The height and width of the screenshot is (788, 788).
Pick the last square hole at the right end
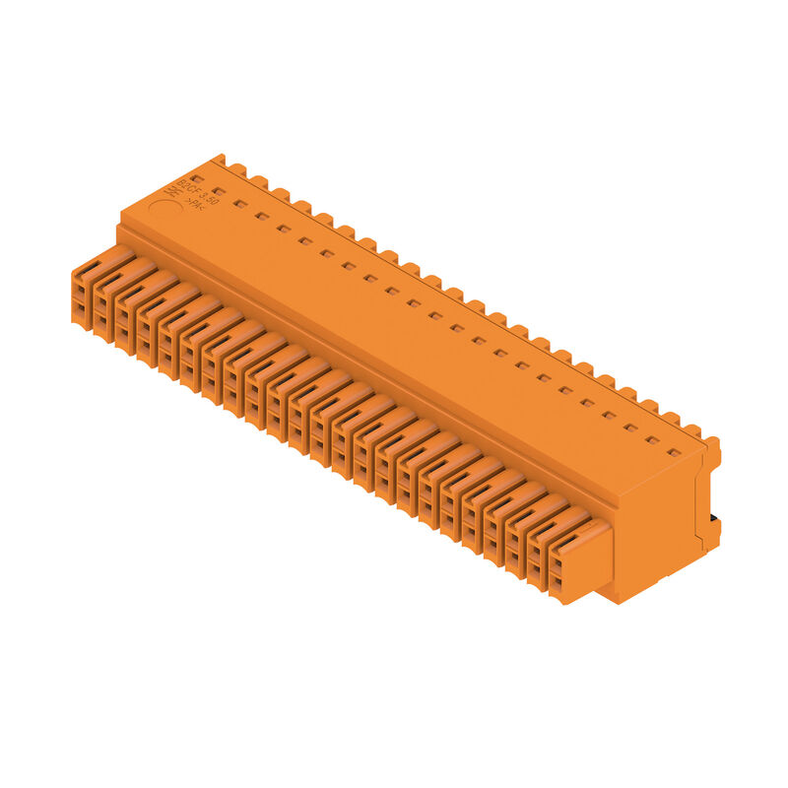[x=674, y=453]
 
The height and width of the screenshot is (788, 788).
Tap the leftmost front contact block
[x=88, y=290]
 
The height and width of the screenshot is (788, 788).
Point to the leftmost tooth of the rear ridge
[x=219, y=159]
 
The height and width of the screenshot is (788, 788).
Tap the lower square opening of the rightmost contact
[x=558, y=586]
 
